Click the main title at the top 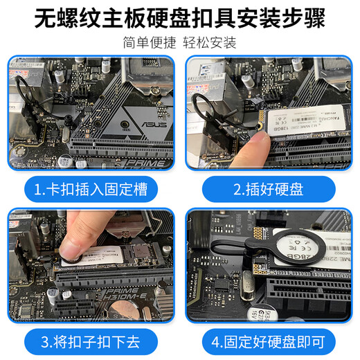click(x=180, y=17)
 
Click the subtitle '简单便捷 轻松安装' click(x=180, y=42)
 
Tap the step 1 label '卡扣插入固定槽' click(x=91, y=188)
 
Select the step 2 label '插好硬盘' click(x=270, y=188)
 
